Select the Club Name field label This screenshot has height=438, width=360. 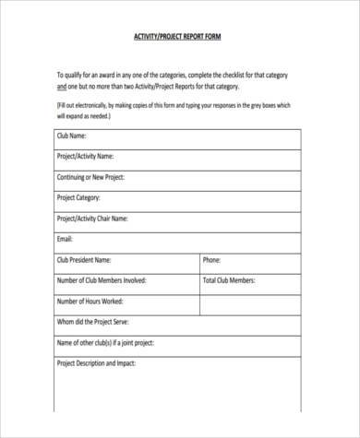tap(77, 136)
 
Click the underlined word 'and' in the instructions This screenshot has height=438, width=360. tap(62, 87)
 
